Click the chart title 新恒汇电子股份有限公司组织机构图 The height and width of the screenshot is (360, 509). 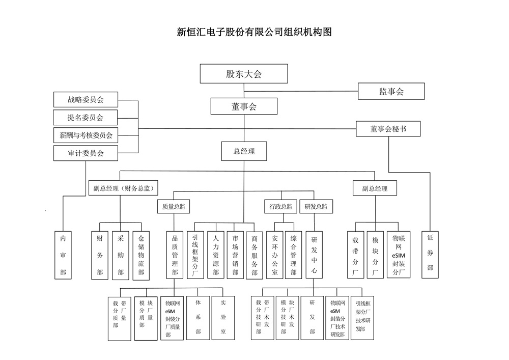pos(254,33)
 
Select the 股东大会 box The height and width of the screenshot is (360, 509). pos(244,73)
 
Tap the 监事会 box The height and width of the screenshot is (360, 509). pos(391,91)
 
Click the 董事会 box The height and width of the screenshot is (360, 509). pos(244,106)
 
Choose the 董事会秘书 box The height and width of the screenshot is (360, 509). pos(388,129)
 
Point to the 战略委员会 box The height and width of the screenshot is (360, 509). pos(86,99)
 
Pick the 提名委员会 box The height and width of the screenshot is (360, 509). pos(86,117)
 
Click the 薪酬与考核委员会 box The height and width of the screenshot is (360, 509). pos(86,135)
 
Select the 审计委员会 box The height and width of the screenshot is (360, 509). pos(86,153)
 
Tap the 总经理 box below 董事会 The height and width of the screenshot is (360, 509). pos(244,151)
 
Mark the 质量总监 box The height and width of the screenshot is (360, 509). pos(174,206)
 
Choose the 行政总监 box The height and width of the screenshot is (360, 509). pos(281,206)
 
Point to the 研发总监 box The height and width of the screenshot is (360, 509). pos(316,206)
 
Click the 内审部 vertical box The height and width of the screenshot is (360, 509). pos(63,255)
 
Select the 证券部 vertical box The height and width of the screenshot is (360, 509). pos(430,255)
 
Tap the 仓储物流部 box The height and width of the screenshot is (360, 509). pos(141,255)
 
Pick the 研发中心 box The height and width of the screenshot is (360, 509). pos(315,255)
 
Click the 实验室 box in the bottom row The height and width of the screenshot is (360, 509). pos(223,318)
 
